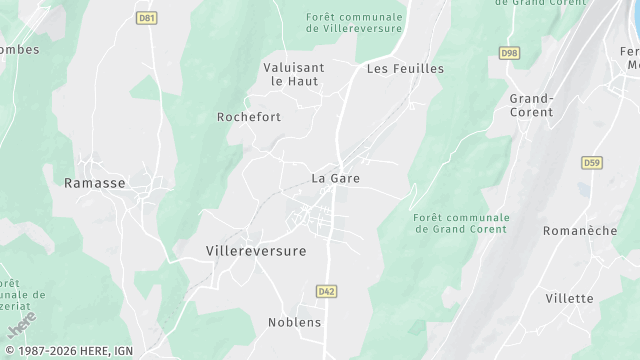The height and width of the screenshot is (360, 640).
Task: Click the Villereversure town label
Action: (x=255, y=251)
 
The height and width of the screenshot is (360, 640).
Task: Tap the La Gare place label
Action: (x=335, y=179)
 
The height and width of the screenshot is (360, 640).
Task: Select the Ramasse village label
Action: (x=95, y=183)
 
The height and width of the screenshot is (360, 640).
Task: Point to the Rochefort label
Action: (x=249, y=117)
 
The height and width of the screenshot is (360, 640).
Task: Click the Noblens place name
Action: (x=295, y=322)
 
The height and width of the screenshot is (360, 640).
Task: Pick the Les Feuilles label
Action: (x=405, y=69)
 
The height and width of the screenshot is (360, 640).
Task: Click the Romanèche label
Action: (x=579, y=231)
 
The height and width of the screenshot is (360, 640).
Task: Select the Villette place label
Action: (x=569, y=299)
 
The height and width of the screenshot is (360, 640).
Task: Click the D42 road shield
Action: (x=326, y=291)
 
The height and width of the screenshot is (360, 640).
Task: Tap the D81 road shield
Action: (x=148, y=18)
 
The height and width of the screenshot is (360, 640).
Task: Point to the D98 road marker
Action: (x=509, y=52)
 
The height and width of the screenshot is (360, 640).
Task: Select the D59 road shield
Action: (x=592, y=163)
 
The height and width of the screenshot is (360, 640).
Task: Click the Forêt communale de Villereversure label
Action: (x=355, y=23)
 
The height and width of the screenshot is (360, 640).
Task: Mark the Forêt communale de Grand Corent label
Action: (x=461, y=224)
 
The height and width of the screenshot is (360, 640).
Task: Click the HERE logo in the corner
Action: (x=21, y=325)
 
